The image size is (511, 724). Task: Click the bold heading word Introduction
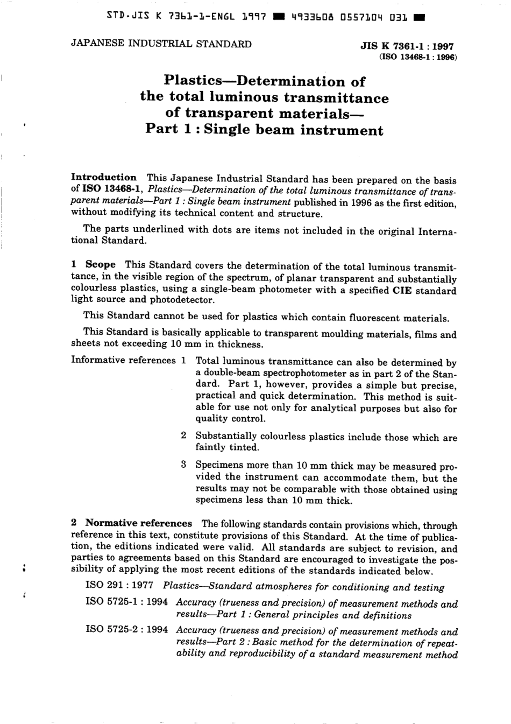click(x=104, y=178)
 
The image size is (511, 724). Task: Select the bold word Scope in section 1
click(x=100, y=264)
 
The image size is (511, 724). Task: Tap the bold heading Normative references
click(x=138, y=523)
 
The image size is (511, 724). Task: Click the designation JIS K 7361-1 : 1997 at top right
click(x=407, y=46)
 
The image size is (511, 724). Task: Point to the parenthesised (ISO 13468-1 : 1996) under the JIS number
click(x=418, y=57)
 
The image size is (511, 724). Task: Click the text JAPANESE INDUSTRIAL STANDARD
click(x=161, y=44)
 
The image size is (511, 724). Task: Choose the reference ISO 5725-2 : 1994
click(x=126, y=630)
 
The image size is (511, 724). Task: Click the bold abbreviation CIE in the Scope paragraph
click(x=403, y=291)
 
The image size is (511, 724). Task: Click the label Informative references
click(x=123, y=360)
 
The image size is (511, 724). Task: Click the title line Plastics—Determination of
click(x=264, y=81)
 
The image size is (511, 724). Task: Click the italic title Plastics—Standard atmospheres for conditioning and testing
click(x=303, y=587)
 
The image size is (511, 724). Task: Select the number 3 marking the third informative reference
click(x=183, y=464)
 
